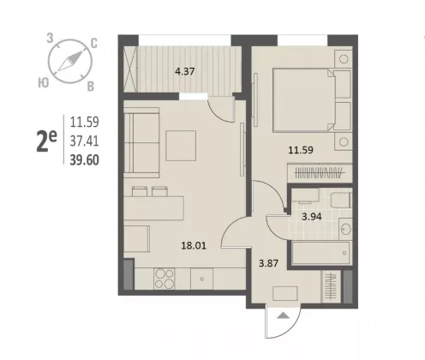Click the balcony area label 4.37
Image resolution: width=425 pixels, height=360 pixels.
coord(185,71)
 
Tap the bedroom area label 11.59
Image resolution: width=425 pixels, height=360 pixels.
coord(301,150)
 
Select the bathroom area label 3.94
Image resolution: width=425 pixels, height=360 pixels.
coord(312,217)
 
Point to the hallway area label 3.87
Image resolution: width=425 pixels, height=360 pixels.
coord(268,263)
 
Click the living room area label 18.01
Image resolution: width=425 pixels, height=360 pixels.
coord(194,245)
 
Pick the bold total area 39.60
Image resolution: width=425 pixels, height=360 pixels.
coord(85,160)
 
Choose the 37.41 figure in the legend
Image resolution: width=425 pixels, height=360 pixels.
coord(85,141)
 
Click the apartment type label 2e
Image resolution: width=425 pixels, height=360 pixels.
coord(47,141)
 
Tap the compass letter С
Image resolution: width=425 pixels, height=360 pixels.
coord(94,44)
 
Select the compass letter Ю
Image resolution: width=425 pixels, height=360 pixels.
coord(44,83)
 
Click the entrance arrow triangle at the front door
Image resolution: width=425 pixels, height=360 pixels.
coord(283,315)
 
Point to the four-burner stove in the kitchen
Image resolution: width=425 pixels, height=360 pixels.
coord(165,279)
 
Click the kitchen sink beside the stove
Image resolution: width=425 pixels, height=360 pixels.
coord(201,279)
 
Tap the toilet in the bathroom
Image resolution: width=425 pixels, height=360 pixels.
coord(341,201)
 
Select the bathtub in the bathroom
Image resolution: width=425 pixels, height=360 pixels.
coord(320,253)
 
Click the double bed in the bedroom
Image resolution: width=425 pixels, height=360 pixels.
coord(303,100)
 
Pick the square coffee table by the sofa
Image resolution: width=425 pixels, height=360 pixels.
coord(181,146)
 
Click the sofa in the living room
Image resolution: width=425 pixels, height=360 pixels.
coord(141,143)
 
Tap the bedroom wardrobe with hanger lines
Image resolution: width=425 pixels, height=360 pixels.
coord(320,173)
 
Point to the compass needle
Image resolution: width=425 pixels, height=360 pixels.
coord(70,61)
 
